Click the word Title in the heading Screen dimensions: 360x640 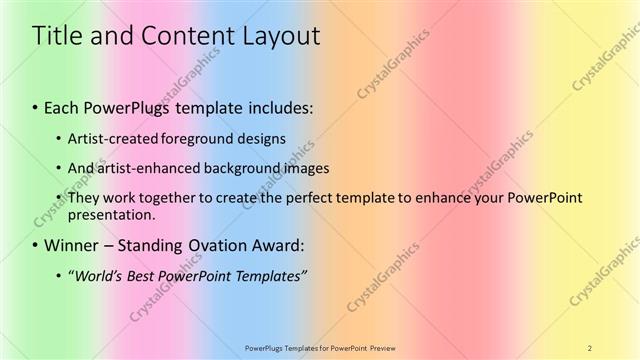pyautogui.click(x=56, y=37)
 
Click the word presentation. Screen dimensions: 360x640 pyautogui.click(x=110, y=214)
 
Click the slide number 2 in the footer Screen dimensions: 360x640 pyautogui.click(x=590, y=347)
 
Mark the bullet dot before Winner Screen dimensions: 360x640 pyautogui.click(x=36, y=245)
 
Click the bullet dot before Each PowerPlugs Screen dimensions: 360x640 pyautogui.click(x=36, y=106)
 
